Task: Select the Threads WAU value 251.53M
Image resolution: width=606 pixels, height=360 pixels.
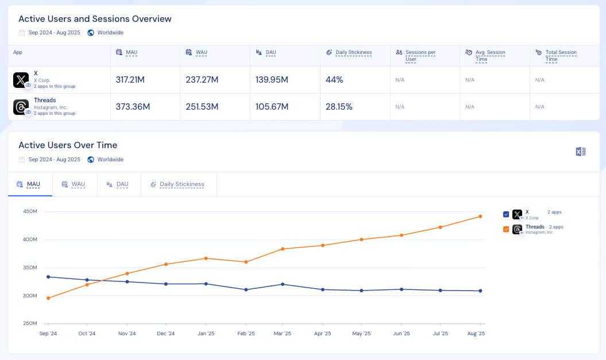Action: point(202,107)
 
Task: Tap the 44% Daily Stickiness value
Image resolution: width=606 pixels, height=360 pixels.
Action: point(334,80)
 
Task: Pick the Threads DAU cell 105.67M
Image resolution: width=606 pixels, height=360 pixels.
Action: point(272,107)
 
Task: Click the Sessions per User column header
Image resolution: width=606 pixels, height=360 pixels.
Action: point(420,55)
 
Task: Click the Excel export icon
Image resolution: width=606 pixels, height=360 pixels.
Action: point(580,152)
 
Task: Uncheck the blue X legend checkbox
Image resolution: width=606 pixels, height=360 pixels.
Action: point(506,214)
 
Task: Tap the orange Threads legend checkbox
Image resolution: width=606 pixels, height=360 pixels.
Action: point(506,229)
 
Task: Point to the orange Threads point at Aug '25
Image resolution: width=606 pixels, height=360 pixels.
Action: point(480,216)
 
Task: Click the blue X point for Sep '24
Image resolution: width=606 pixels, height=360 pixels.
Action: point(48,277)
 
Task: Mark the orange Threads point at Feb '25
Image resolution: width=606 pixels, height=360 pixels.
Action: point(246,262)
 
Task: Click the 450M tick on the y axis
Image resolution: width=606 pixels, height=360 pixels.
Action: point(30,212)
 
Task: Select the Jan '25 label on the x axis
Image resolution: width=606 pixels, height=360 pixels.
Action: point(206,334)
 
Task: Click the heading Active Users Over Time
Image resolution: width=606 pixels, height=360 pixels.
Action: point(68,145)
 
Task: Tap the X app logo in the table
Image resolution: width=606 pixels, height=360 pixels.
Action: point(21,80)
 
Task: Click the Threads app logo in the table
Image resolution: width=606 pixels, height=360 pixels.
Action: point(21,107)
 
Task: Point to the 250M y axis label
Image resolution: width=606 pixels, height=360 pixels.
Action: point(30,324)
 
